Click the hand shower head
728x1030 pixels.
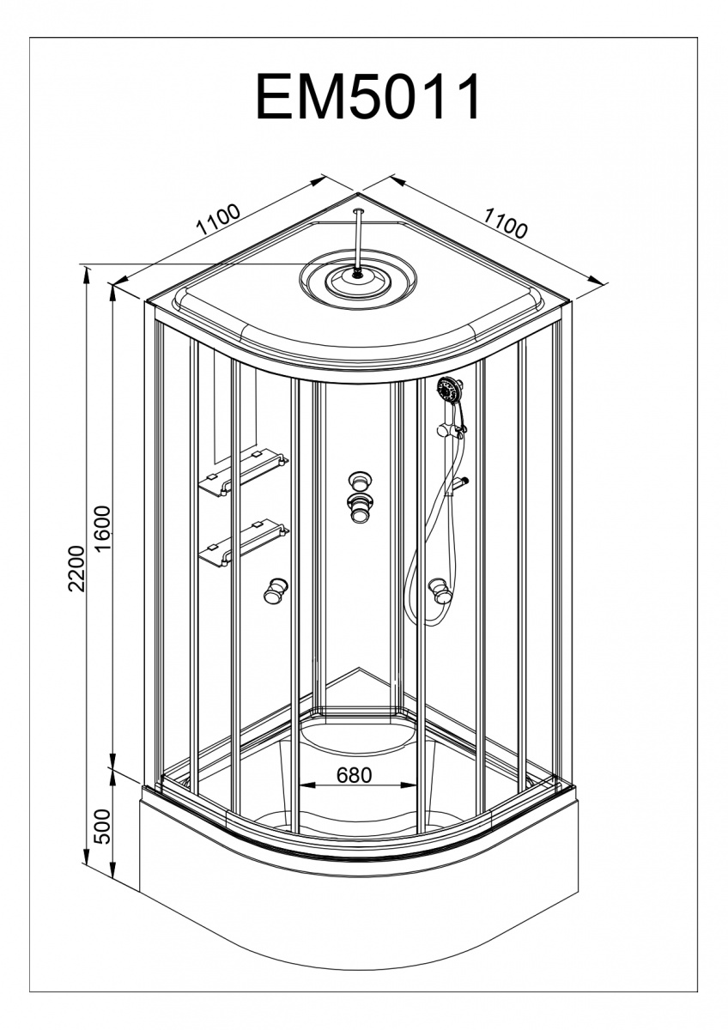448,391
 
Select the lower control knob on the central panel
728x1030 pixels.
358,507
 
